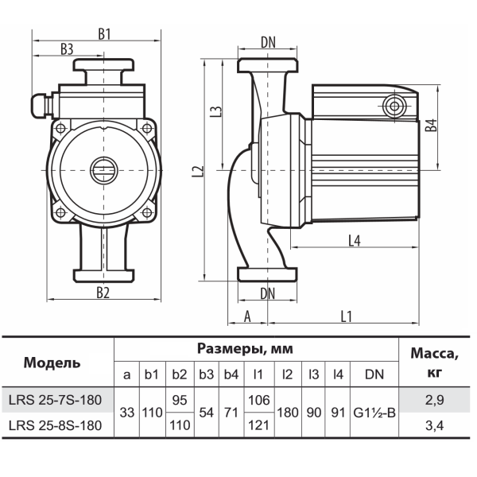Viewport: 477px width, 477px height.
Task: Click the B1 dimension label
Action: tap(104, 34)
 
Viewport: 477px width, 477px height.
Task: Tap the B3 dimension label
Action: tap(67, 49)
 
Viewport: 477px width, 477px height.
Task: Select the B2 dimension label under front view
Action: tap(103, 293)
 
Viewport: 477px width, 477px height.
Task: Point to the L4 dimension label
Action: tap(354, 241)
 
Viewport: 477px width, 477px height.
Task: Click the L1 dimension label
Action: tap(346, 316)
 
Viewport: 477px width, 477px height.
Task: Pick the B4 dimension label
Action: tap(431, 126)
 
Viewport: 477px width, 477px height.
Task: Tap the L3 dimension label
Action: tap(216, 111)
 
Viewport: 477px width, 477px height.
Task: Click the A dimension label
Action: tap(247, 316)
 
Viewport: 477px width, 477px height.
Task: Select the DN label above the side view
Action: tap(268, 43)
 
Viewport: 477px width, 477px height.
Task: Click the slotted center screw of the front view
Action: tap(103, 170)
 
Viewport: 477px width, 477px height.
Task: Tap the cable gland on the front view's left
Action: tap(41, 106)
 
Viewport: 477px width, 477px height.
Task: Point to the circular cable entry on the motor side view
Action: tap(394, 107)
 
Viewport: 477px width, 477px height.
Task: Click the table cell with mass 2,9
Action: tap(434, 400)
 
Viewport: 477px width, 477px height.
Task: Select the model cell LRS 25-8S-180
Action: tap(55, 425)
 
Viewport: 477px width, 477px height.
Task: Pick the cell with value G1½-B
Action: tap(374, 413)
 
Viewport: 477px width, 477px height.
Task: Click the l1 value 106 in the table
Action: tap(259, 400)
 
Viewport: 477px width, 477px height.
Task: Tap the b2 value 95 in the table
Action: tap(180, 400)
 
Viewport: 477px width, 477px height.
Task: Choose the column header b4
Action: tap(231, 374)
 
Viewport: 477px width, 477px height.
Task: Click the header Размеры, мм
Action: tap(245, 349)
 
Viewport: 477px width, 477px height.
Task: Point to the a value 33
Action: tap(127, 413)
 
